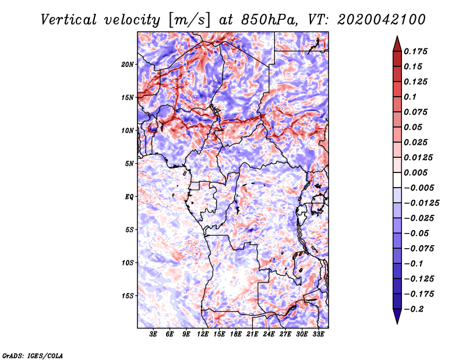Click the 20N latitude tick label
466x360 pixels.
pos(128,64)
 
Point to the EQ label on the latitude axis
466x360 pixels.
pos(129,197)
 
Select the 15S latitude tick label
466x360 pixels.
pos(128,296)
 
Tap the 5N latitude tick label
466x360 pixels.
pos(129,164)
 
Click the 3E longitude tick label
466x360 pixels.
pos(154,335)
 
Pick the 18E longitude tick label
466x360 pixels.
pos(236,335)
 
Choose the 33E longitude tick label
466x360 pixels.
pos(318,335)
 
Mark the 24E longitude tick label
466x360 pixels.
pos(269,335)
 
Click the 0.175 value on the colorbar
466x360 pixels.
pos(418,51)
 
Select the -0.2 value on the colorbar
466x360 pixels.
pos(415,309)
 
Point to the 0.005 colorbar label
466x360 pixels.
pos(418,172)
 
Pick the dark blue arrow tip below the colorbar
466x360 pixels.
pos(396,319)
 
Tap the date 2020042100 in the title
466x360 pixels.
pos(377,20)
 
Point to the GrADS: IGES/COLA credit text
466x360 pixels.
pos(32,355)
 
